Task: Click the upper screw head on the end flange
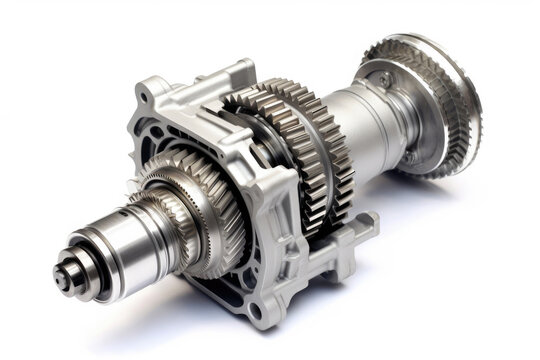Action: (385, 80)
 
